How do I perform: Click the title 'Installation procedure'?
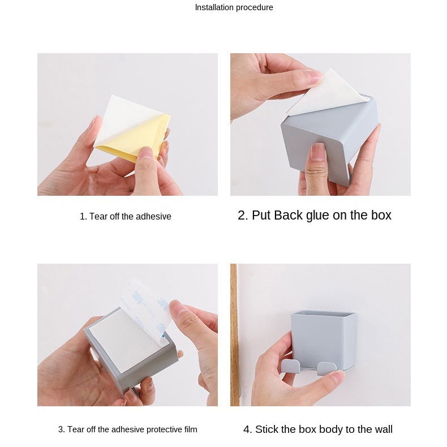tap(234, 7)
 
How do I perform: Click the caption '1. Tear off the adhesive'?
tap(126, 216)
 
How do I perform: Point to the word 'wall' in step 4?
tap(383, 429)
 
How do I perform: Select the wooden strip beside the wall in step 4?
tap(234, 334)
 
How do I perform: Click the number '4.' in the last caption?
tap(247, 429)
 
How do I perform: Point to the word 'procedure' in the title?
tap(254, 7)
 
